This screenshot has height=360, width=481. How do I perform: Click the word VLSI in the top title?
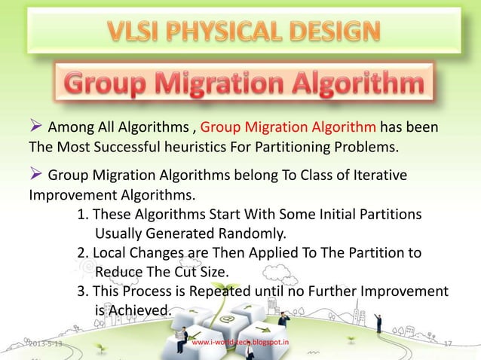coord(135,32)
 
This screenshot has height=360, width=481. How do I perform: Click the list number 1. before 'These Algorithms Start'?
coord(84,214)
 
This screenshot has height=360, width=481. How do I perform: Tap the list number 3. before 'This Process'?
coord(84,291)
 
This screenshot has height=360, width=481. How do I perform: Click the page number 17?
coord(447,343)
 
